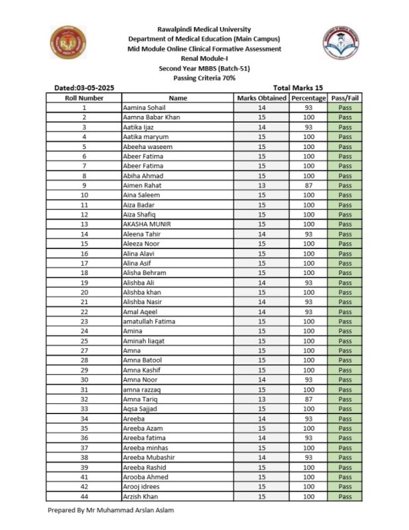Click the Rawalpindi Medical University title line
204,29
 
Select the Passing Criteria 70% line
204,78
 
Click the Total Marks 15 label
298,88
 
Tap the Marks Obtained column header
261,97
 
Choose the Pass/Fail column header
345,97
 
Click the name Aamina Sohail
144,107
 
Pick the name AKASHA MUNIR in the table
147,225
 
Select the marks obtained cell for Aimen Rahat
261,185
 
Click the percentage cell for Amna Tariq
308,399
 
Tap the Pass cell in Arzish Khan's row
345,497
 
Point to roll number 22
84,312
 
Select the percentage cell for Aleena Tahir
308,234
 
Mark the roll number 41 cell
84,477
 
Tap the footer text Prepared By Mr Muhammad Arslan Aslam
111,511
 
